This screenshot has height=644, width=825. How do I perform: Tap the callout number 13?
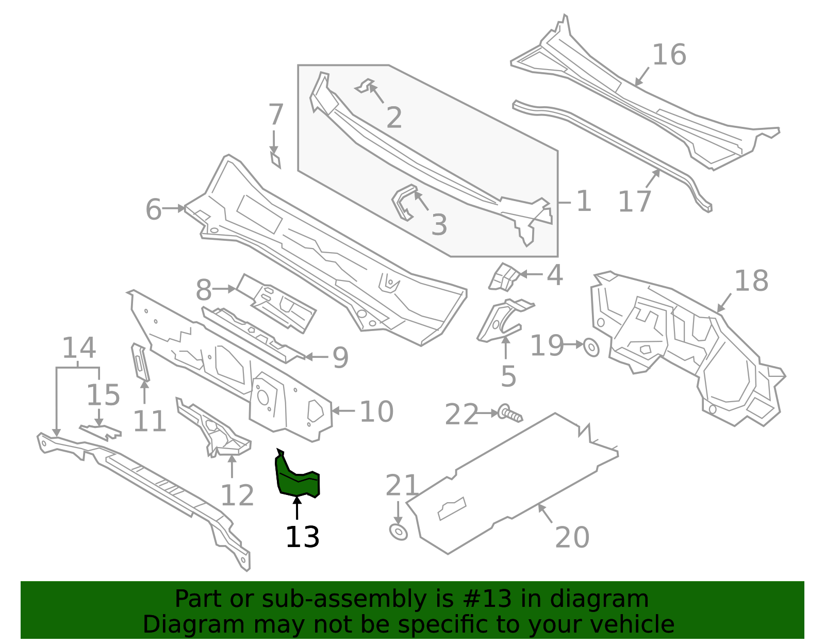point(302,537)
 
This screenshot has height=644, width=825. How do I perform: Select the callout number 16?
point(669,55)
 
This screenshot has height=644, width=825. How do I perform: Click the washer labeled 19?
point(591,348)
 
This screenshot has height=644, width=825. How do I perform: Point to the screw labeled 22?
point(509,414)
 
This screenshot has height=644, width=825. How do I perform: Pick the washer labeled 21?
point(398,532)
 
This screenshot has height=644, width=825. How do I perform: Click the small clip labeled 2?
point(366,86)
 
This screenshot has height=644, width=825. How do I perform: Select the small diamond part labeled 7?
point(276,159)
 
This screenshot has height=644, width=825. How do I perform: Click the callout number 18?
point(751,282)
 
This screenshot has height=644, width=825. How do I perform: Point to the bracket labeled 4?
point(504,277)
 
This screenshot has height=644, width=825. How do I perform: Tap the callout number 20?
point(572,537)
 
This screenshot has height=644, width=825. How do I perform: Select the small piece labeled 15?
point(101,431)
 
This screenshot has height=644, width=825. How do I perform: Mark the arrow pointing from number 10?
point(343,411)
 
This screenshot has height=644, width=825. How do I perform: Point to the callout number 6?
point(153,209)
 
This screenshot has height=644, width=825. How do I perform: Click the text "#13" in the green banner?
point(483,599)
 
